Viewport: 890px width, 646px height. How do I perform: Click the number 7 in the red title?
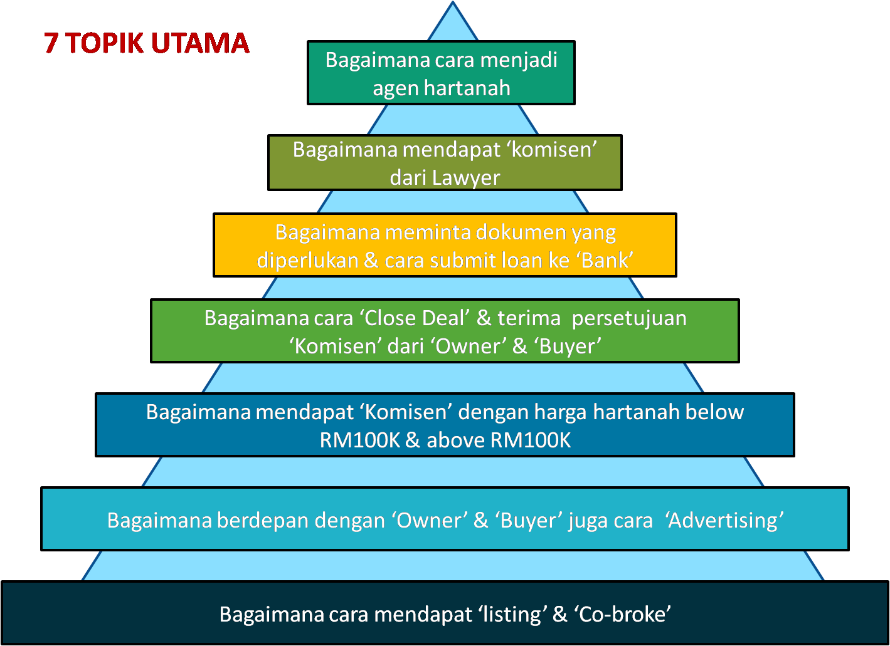coord(51,43)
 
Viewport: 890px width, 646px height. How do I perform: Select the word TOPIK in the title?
coord(104,43)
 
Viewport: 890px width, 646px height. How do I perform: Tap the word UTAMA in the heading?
coord(200,43)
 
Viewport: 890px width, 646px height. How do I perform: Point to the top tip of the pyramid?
coord(453,1)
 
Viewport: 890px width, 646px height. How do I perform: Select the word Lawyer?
coord(466,179)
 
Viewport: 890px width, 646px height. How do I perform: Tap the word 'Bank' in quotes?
coord(607,261)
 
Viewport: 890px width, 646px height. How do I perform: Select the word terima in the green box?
coord(529,318)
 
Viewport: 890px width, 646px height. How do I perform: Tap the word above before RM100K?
coord(456,440)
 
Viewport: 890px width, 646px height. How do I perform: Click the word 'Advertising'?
coord(724,521)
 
